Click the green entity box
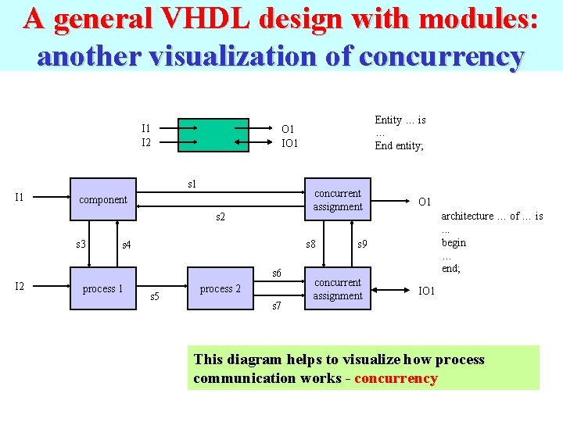coord(213,134)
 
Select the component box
coord(103,200)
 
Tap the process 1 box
coord(103,289)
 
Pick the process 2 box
coord(221,289)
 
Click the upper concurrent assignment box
coord(337,200)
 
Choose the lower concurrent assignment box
coord(337,289)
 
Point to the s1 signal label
coord(192,184)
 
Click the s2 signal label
coord(221,216)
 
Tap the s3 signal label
coord(81,245)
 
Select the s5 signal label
coord(154,296)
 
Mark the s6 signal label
coord(276,273)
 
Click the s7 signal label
coord(276,306)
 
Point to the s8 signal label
coord(310,245)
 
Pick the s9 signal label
coord(362,245)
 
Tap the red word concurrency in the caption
coord(396,378)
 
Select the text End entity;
coord(399,145)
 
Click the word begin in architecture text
coord(454,242)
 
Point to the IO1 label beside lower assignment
coord(427,291)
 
